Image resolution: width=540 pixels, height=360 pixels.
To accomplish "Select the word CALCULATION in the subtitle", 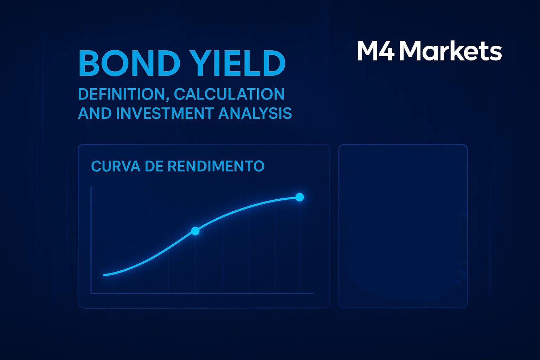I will coord(229,94).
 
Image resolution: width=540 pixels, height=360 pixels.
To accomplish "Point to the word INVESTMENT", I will coord(165,114).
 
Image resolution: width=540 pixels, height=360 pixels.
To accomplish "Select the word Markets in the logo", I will coord(450,51).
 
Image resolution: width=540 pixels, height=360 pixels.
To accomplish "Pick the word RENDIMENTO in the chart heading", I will coord(216,166).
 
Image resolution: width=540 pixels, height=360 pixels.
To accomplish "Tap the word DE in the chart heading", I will coord(154,166).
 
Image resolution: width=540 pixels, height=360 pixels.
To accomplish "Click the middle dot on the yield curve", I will coord(195,231).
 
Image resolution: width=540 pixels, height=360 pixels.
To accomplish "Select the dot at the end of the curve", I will coord(300,197).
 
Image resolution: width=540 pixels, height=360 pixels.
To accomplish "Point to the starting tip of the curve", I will coord(104,275).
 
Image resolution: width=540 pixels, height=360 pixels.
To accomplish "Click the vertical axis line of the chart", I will coord(91,239).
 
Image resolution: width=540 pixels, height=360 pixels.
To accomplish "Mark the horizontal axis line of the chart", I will coord(202,293).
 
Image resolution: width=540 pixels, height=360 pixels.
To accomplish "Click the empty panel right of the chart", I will coord(403,226).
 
